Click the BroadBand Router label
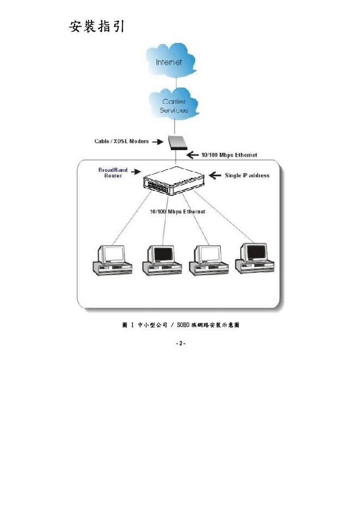(x=113, y=173)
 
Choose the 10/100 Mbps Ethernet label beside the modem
(x=229, y=155)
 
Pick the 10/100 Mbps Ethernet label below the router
(x=177, y=212)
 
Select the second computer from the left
(x=160, y=259)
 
